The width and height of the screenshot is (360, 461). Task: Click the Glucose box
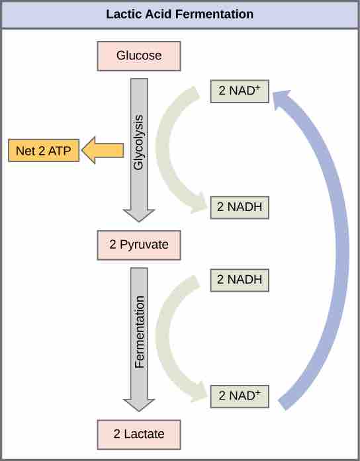click(x=139, y=56)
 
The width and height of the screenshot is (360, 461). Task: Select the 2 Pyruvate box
click(x=139, y=245)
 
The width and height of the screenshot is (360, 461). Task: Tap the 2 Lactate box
click(x=139, y=434)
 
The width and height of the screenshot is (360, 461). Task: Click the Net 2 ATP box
click(x=44, y=151)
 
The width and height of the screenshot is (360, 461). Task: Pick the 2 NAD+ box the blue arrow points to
click(x=239, y=91)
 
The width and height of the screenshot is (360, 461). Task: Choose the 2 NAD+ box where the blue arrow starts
click(x=239, y=397)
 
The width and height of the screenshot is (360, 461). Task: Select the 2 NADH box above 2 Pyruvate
click(x=239, y=207)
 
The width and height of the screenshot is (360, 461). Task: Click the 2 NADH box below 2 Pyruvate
click(x=239, y=280)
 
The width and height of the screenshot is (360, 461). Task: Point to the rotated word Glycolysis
click(x=139, y=143)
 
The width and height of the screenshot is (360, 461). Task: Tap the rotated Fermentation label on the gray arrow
click(x=139, y=332)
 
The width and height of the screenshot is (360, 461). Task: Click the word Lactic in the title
click(x=122, y=14)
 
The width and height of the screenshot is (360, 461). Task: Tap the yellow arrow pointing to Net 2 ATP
click(x=103, y=151)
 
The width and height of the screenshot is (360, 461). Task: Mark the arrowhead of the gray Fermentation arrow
click(x=139, y=404)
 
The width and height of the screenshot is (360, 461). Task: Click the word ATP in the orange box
click(x=62, y=151)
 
